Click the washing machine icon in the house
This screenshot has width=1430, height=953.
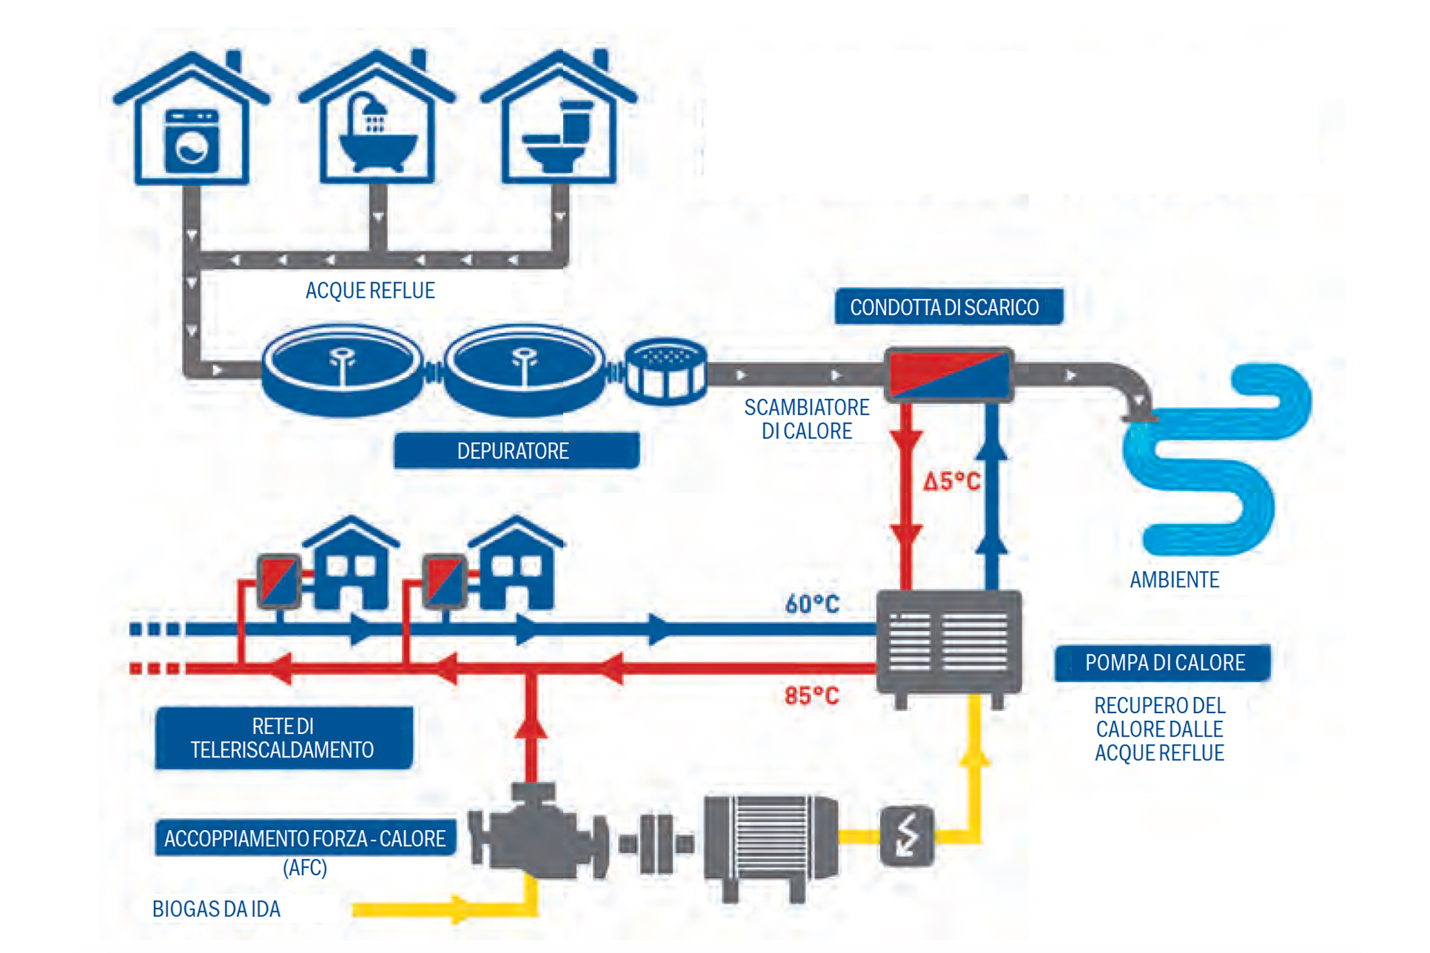click(192, 140)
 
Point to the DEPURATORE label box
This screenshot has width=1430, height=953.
click(516, 450)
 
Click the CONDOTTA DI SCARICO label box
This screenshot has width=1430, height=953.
click(948, 307)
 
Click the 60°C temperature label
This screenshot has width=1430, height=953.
click(812, 604)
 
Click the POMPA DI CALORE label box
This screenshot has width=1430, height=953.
click(1162, 663)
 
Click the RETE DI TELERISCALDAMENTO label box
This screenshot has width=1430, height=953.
click(284, 738)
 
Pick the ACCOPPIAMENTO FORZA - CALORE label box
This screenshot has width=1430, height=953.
click(305, 838)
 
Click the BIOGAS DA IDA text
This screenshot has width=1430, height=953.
click(216, 909)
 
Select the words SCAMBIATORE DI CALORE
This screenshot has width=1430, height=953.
click(807, 419)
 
